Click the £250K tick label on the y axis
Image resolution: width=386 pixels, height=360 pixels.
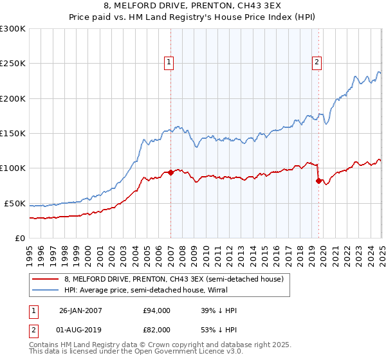coord(13,64)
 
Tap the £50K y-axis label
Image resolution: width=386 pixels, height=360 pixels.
coord(15,203)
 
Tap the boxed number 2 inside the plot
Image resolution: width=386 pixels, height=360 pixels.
coord(318,62)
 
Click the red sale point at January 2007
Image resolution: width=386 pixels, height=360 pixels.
coord(170,172)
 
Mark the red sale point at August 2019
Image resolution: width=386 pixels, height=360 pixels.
coord(318,181)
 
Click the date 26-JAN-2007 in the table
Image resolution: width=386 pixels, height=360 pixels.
coord(80,311)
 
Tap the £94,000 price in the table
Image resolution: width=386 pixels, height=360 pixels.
coord(156,311)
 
